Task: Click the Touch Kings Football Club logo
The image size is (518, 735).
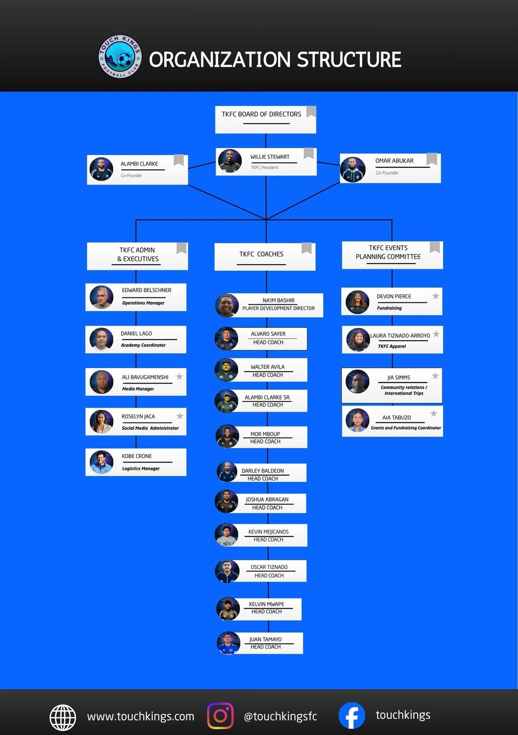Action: pyautogui.click(x=120, y=57)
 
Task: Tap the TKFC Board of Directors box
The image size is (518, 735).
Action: pyautogui.click(x=265, y=119)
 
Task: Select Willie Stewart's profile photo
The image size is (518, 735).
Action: pyautogui.click(x=230, y=161)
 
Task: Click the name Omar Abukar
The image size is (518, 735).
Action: pyautogui.click(x=394, y=161)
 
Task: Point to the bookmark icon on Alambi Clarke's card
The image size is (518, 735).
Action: pyautogui.click(x=179, y=160)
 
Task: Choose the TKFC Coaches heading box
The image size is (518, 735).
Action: pyautogui.click(x=265, y=257)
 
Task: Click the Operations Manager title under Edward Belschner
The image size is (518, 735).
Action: pyautogui.click(x=143, y=303)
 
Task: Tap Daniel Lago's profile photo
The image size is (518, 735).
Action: pyautogui.click(x=101, y=339)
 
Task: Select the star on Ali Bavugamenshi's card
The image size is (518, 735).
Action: pyautogui.click(x=179, y=376)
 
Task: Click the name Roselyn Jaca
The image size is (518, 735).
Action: pyautogui.click(x=138, y=416)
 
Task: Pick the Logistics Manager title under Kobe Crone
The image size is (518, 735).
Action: pyautogui.click(x=141, y=469)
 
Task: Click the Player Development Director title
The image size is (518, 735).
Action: pyautogui.click(x=278, y=308)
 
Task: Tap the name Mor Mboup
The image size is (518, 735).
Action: pyautogui.click(x=265, y=434)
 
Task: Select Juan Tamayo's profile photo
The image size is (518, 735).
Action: pyautogui.click(x=228, y=643)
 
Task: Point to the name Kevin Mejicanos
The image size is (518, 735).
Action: pyautogui.click(x=268, y=532)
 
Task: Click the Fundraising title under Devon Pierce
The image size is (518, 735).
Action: pyautogui.click(x=389, y=308)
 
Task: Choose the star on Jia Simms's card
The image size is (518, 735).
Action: pyautogui.click(x=435, y=376)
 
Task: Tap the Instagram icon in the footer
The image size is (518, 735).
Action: pyautogui.click(x=220, y=716)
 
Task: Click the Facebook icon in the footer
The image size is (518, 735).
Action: pyautogui.click(x=351, y=716)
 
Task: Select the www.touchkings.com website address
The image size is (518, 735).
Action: pyautogui.click(x=140, y=716)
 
